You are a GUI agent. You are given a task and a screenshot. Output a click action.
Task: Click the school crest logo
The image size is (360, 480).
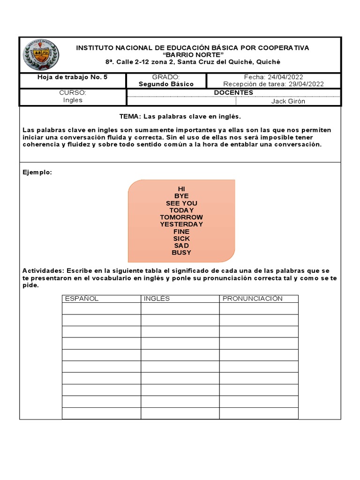click(x=41, y=55)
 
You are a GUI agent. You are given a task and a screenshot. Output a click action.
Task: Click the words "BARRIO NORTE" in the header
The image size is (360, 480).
click(x=193, y=55)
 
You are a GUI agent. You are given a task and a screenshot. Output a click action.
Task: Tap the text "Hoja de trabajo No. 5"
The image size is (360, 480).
click(x=72, y=77)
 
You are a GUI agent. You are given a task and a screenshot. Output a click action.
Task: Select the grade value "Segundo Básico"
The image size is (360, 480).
click(x=166, y=84)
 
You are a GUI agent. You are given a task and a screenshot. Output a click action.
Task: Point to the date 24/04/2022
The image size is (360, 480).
click(x=285, y=77)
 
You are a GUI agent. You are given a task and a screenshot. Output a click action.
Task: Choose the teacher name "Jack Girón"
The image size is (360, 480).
click(x=288, y=101)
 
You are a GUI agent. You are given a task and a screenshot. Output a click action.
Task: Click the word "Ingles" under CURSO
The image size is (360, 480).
click(x=72, y=100)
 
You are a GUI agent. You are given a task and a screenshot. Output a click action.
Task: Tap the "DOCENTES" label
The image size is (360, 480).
click(x=233, y=93)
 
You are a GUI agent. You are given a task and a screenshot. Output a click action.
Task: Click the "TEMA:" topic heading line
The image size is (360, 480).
click(x=180, y=116)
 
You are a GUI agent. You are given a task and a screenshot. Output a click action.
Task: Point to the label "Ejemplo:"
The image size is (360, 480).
click(x=37, y=172)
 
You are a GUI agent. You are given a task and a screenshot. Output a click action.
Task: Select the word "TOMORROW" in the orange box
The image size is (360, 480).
click(x=181, y=217)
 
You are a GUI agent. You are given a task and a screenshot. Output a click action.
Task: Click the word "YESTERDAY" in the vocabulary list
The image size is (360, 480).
click(x=181, y=225)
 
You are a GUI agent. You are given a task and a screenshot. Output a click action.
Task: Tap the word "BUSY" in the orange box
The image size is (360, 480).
click(x=181, y=253)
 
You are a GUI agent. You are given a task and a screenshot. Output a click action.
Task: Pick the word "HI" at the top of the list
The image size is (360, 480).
click(x=181, y=189)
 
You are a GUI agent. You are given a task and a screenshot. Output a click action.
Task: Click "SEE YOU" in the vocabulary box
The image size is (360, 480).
click(x=181, y=203)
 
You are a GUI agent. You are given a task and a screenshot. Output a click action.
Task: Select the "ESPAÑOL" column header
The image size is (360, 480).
click(x=82, y=299)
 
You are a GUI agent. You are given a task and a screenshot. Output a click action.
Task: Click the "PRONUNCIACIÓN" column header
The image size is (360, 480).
click(x=252, y=299)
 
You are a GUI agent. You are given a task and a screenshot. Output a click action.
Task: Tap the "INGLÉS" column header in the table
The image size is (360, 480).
click(x=157, y=299)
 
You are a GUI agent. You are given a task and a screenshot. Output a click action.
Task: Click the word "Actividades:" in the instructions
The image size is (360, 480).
click(x=43, y=271)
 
